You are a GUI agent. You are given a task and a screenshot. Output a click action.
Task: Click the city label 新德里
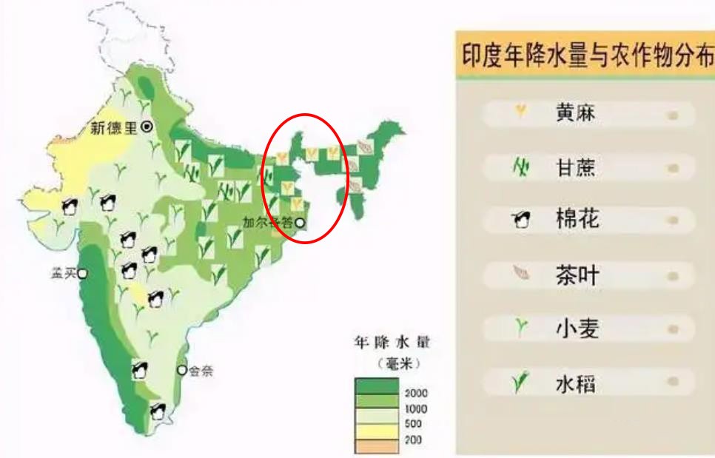coord(114,127)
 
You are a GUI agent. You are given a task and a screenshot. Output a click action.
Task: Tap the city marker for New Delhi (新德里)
coord(147,127)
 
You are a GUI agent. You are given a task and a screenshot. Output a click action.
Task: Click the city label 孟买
coord(63,273)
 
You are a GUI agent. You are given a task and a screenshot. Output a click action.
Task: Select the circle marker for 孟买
coord(83,274)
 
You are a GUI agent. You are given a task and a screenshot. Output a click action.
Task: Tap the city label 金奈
coord(201,371)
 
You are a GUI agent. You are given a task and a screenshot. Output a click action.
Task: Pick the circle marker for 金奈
coord(182,370)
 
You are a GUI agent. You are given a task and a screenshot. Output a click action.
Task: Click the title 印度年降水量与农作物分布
coord(585,57)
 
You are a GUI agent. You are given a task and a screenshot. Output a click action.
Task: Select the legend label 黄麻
coord(575,114)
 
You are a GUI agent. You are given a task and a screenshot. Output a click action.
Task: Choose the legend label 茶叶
coord(576,275)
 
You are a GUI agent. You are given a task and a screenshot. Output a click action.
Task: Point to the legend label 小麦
coord(576,329)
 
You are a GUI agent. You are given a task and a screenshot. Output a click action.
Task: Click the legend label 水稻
coord(576,384)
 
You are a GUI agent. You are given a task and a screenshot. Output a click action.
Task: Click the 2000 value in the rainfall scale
coord(417,394)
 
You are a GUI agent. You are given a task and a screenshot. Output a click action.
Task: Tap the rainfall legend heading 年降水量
coord(392,343)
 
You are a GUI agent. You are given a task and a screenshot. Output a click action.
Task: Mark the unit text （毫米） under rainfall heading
coord(393,363)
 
